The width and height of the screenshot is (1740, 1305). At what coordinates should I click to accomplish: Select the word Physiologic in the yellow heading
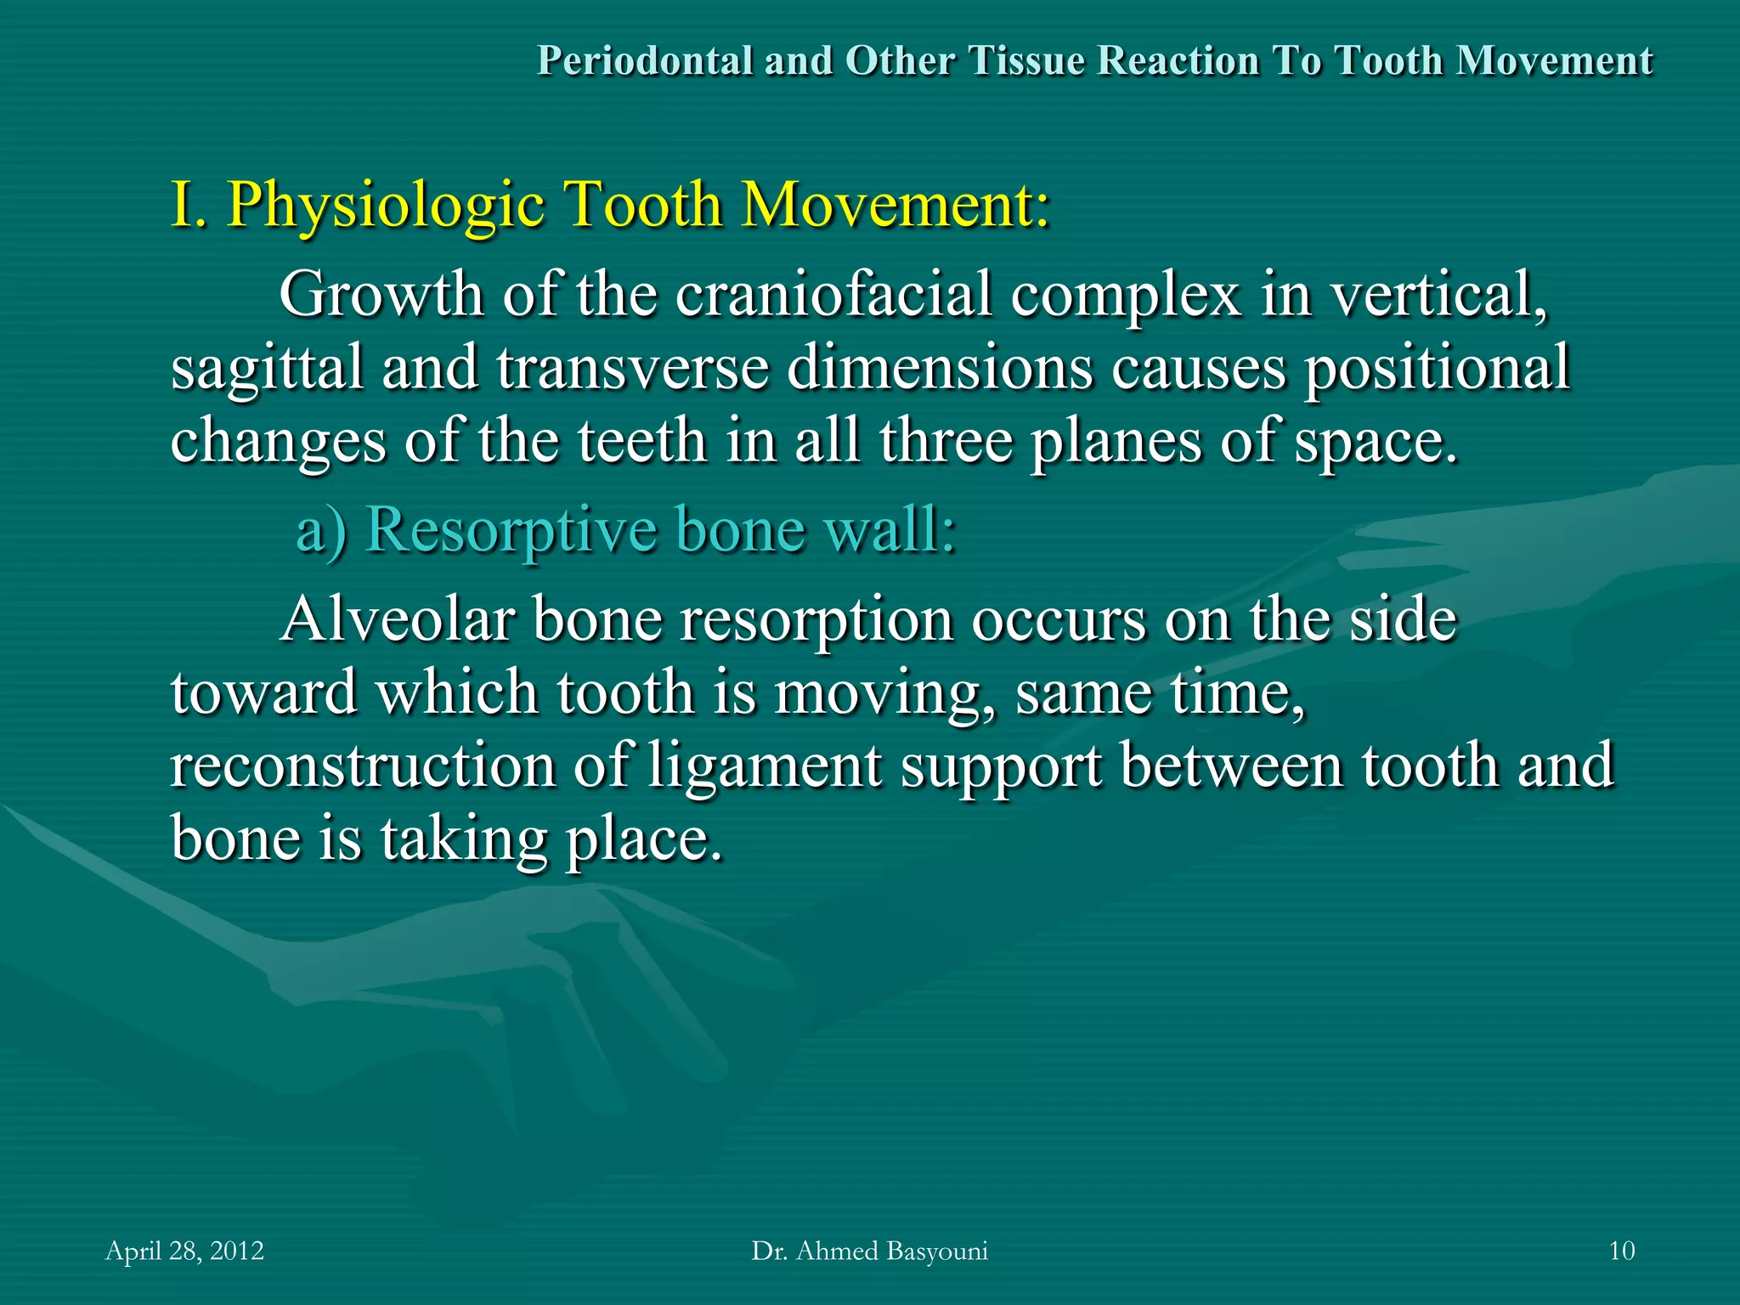tap(387, 206)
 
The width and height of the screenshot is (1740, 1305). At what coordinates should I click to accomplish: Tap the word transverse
tap(632, 368)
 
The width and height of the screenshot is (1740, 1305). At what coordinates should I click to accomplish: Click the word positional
tap(1437, 368)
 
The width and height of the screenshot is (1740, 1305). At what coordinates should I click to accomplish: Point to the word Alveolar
tap(397, 619)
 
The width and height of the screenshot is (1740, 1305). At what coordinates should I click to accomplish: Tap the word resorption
tap(816, 621)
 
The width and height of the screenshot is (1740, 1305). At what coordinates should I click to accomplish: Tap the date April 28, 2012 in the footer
tap(184, 1251)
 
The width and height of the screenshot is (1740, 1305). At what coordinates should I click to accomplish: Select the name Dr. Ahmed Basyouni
tap(869, 1251)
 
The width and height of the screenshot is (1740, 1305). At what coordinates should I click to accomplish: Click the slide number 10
tap(1621, 1251)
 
